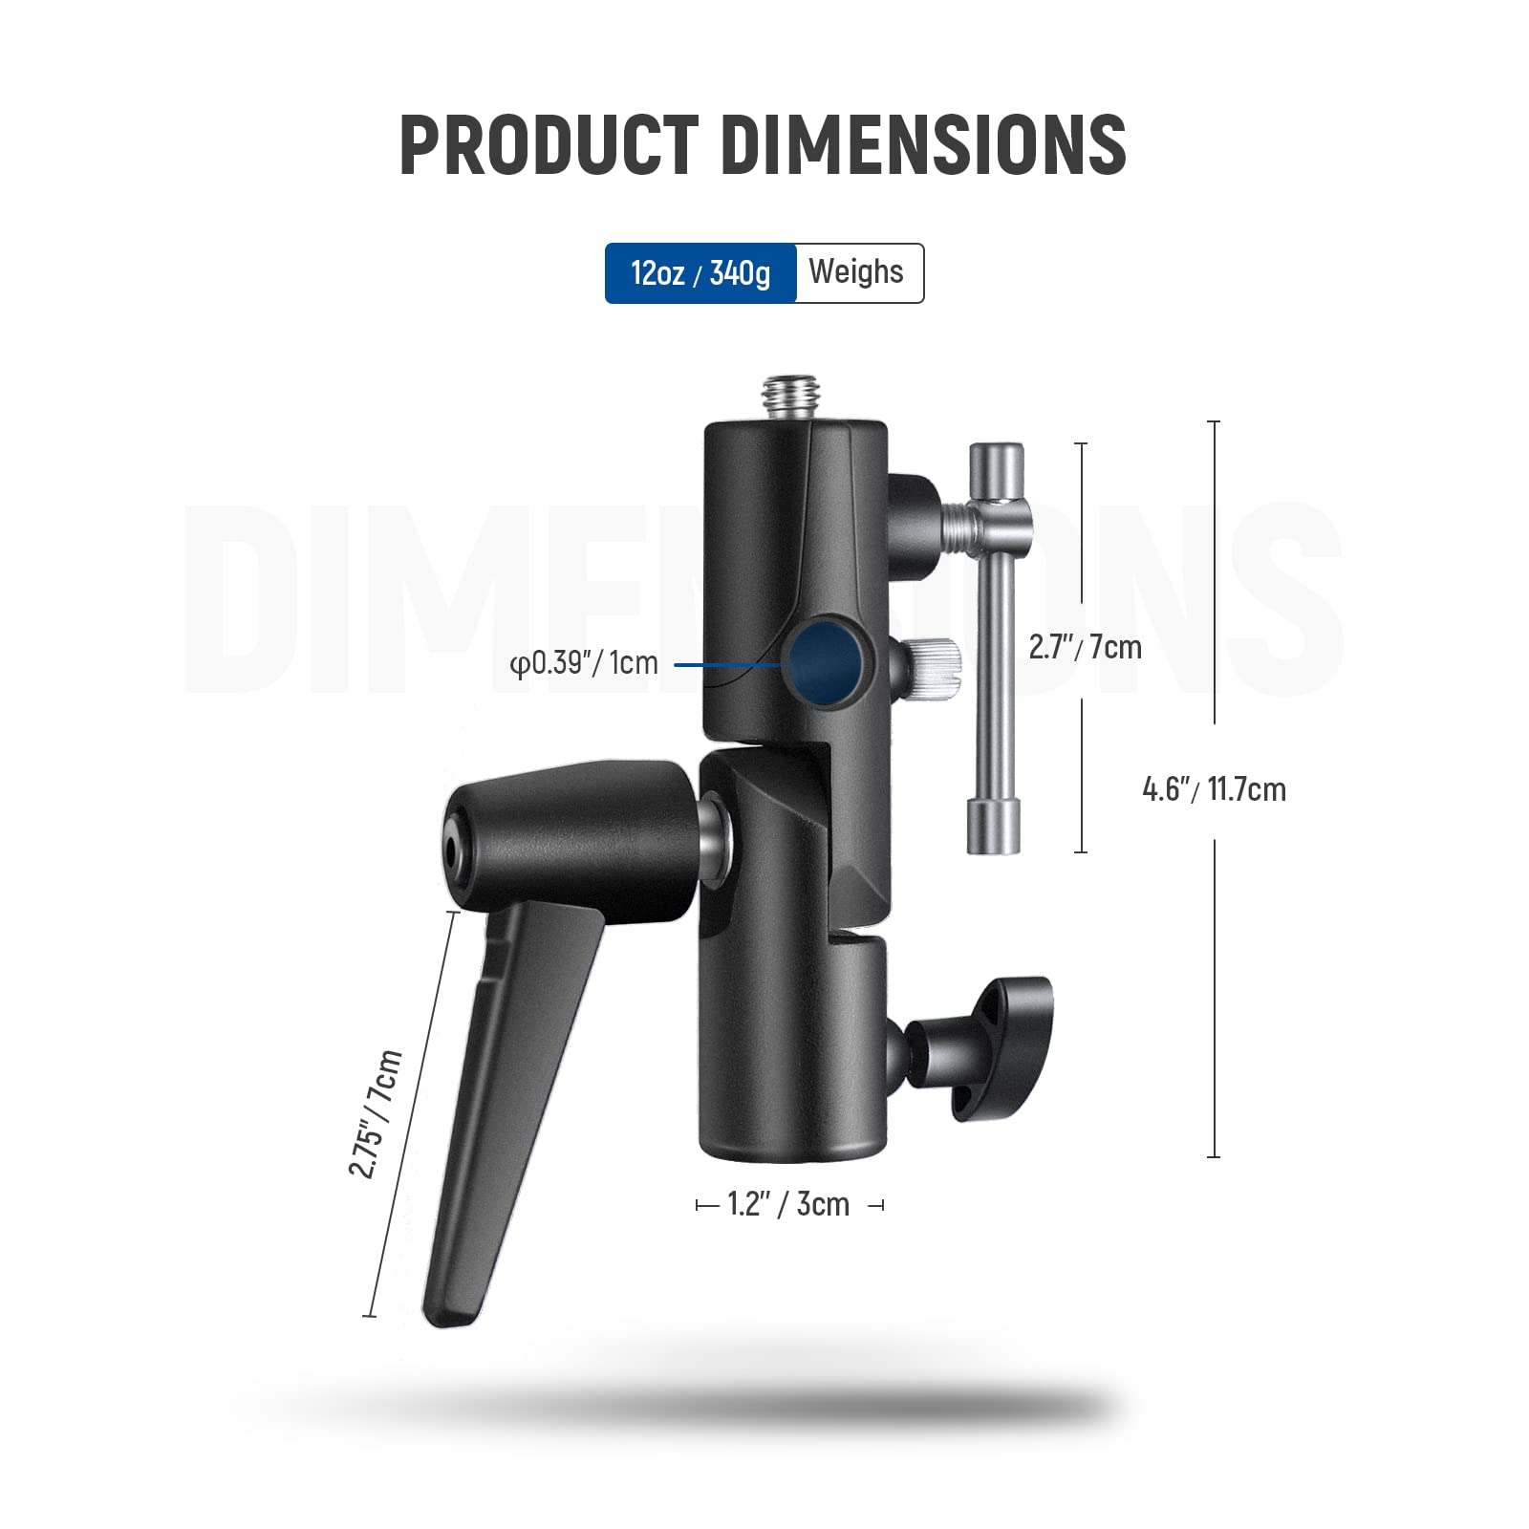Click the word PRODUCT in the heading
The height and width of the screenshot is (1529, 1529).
pyautogui.click(x=549, y=144)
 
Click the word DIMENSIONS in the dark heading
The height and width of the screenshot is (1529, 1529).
pyautogui.click(x=923, y=144)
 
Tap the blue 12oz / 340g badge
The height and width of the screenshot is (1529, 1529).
pyautogui.click(x=700, y=273)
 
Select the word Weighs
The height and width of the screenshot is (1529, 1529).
pyautogui.click(x=856, y=272)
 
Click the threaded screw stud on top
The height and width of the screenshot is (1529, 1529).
pyautogui.click(x=786, y=398)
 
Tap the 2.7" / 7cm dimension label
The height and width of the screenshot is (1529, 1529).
pyautogui.click(x=1085, y=647)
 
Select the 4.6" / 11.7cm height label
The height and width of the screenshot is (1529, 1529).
pyautogui.click(x=1214, y=789)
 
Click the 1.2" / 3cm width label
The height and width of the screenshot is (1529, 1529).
pyautogui.click(x=788, y=1204)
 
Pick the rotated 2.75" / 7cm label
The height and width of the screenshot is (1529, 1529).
pyautogui.click(x=375, y=1113)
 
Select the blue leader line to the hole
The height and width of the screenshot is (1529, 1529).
pyautogui.click(x=726, y=663)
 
